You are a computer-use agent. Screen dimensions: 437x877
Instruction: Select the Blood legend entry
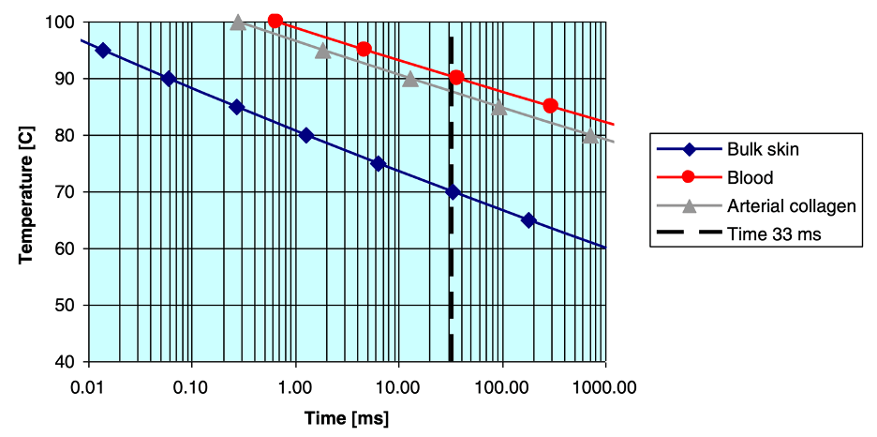749,177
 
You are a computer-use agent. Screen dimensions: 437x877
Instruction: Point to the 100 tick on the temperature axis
64,22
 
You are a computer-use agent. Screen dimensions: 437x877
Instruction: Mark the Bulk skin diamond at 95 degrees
103,51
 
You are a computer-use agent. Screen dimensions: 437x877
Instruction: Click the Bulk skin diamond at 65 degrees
528,220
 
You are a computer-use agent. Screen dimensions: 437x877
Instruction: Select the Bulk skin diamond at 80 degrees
305,135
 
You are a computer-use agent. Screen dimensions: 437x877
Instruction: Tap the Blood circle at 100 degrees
275,21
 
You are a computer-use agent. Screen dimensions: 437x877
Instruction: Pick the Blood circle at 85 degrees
550,106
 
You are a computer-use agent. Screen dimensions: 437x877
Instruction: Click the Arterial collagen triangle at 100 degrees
238,22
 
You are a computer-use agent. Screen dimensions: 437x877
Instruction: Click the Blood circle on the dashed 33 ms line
456,78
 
